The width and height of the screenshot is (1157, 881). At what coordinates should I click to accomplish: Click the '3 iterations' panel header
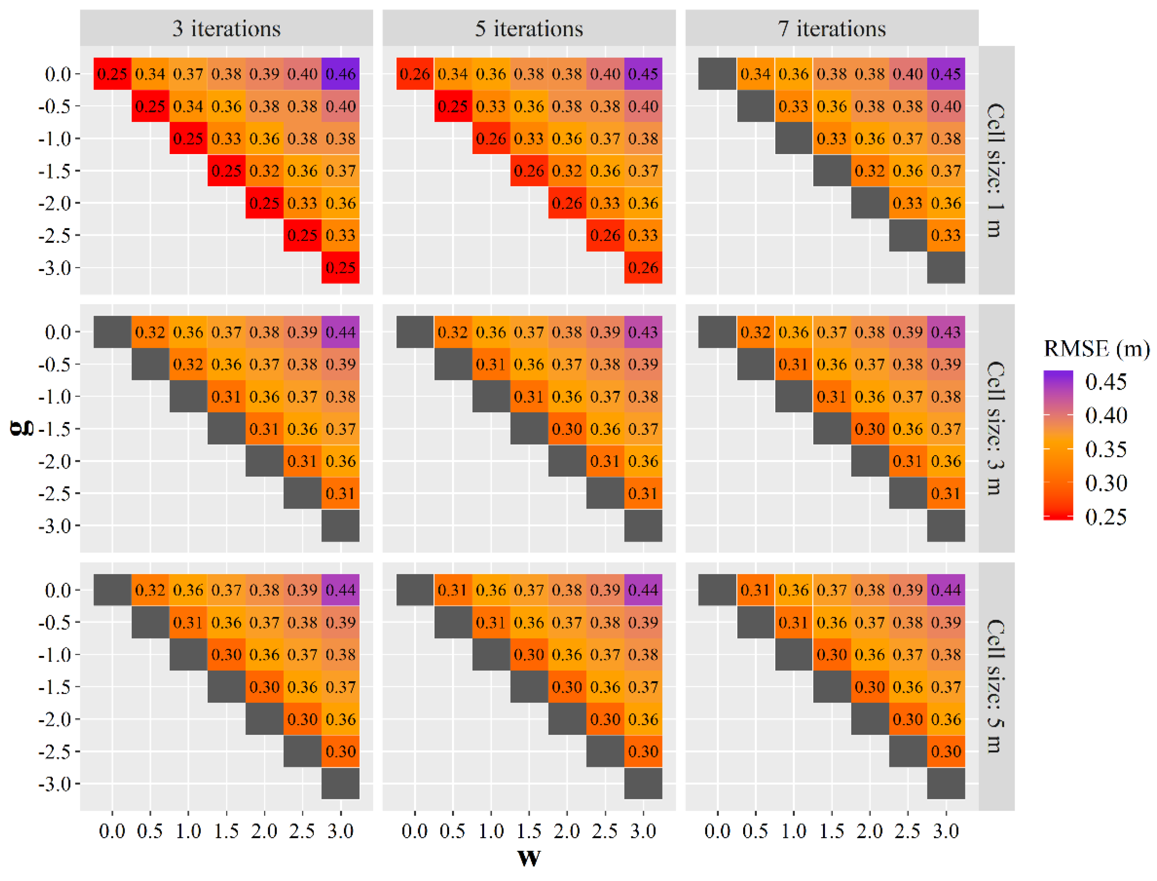coord(226,28)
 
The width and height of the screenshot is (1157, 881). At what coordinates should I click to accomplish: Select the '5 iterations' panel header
coord(529,28)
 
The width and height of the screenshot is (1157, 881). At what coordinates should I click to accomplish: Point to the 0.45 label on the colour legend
coord(1106,382)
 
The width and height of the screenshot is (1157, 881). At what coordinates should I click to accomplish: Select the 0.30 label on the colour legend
coord(1106,483)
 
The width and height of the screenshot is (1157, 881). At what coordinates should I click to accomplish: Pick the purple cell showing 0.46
coord(340,74)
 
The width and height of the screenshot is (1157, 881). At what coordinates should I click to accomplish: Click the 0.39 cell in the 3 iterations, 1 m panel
coord(264,74)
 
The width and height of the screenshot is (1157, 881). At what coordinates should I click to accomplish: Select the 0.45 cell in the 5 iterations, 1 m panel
coord(643,74)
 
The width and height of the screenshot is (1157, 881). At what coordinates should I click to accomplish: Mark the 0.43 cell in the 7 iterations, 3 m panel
coord(946,332)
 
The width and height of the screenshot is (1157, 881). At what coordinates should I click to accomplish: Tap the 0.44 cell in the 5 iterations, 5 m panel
coord(643,590)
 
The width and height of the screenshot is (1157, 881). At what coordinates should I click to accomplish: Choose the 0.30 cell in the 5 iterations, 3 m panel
coord(567,429)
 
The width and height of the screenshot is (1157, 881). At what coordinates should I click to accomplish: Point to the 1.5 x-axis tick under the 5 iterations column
coord(529,831)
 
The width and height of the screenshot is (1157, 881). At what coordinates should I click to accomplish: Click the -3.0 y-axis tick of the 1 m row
coord(55,268)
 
